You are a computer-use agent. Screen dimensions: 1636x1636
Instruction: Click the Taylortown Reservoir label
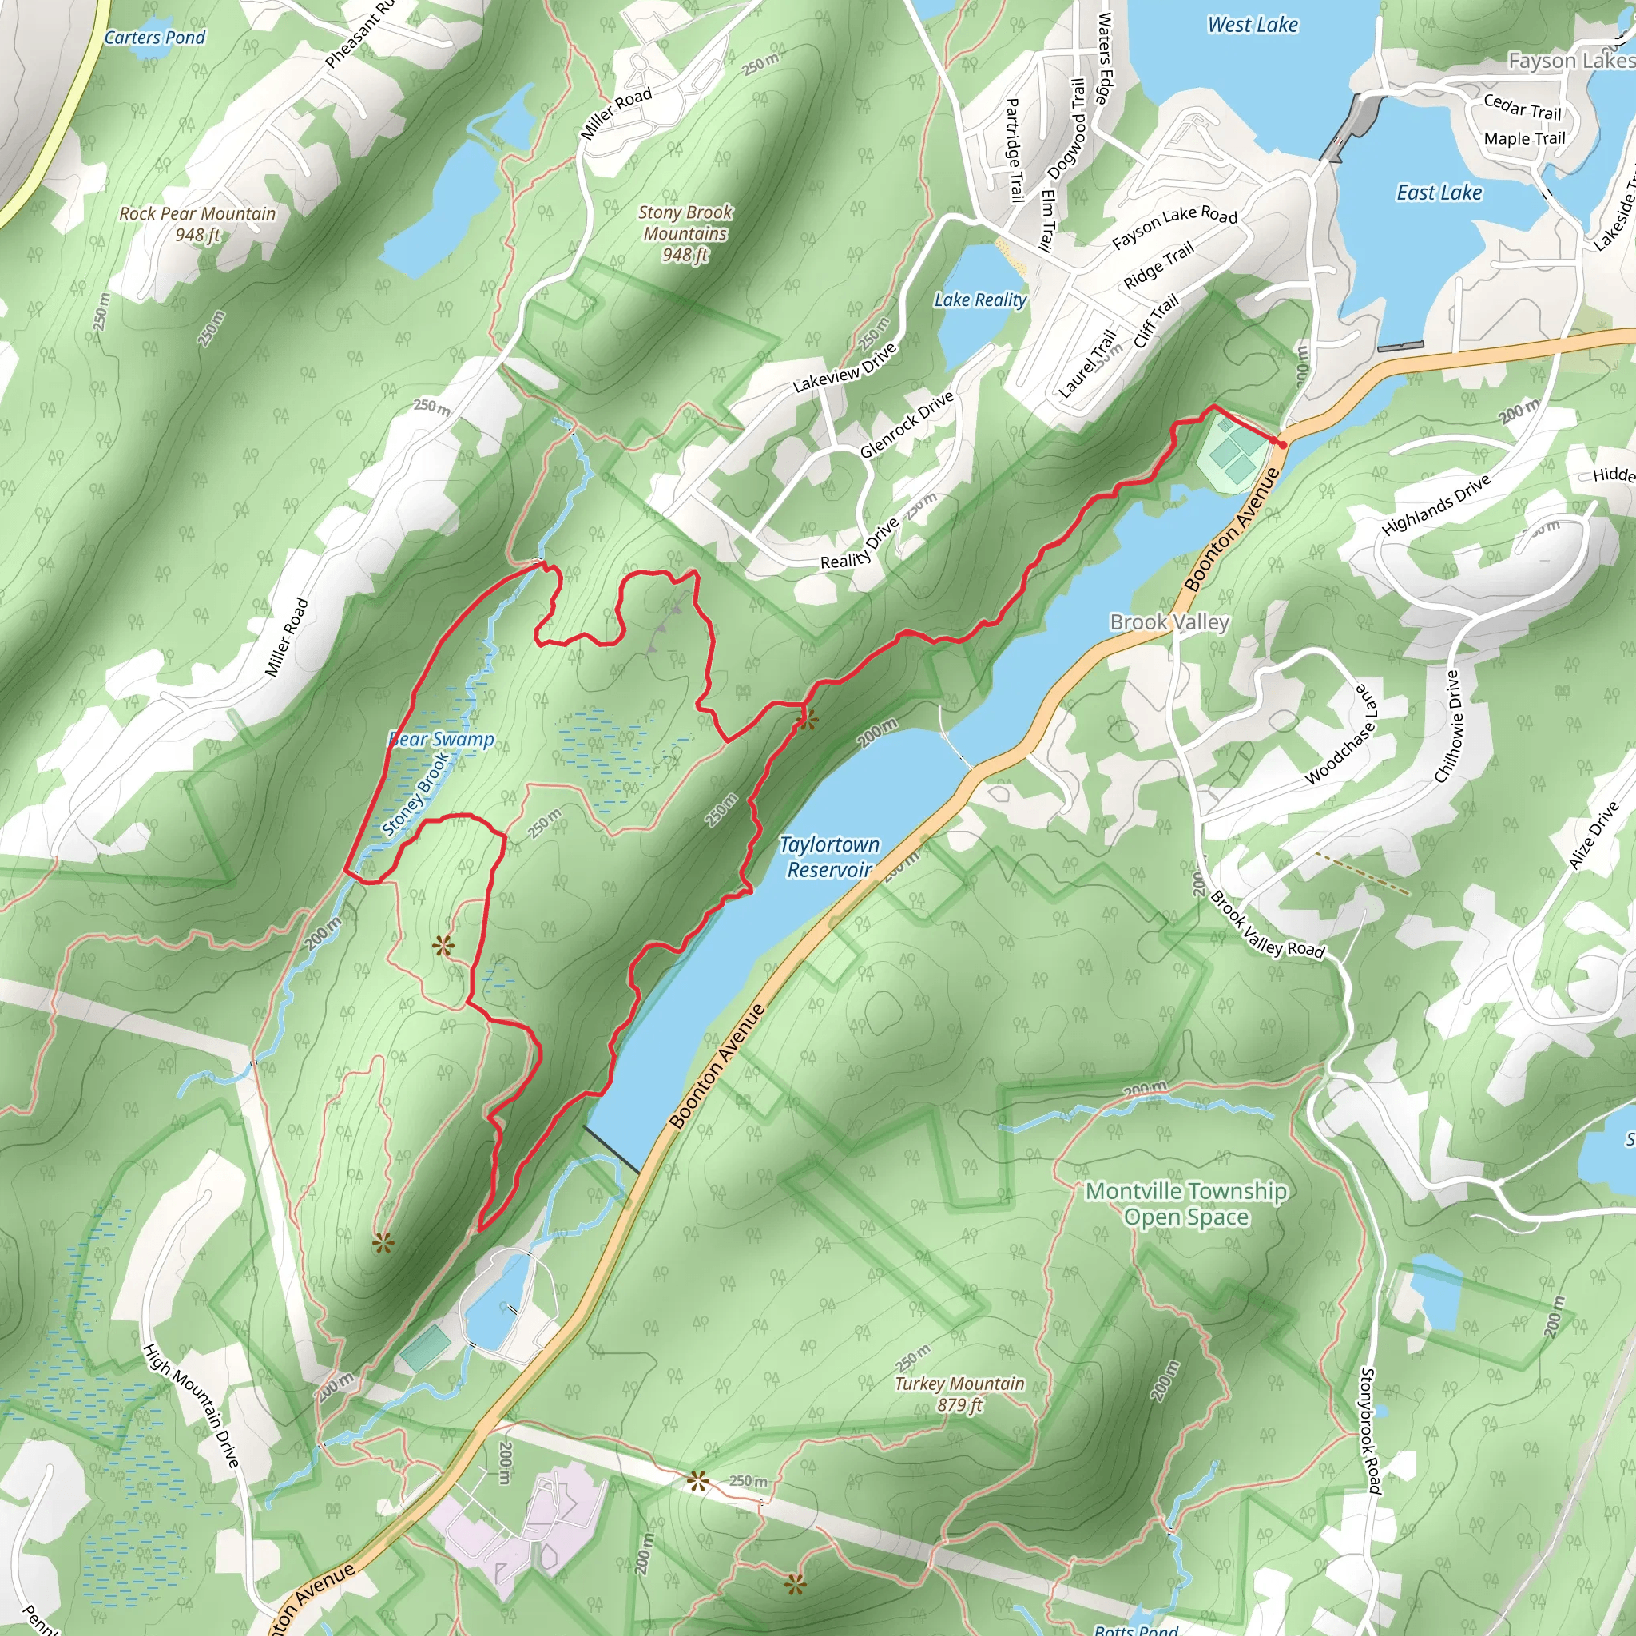click(829, 857)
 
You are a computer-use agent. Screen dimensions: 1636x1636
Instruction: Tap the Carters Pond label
click(154, 38)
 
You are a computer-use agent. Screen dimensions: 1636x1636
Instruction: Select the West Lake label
click(1253, 26)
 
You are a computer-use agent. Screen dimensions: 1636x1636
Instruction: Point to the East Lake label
click(1439, 193)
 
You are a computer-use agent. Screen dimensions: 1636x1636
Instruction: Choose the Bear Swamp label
click(441, 739)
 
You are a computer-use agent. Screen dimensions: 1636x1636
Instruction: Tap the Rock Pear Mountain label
click(197, 224)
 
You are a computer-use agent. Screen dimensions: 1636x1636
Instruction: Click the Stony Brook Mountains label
click(685, 233)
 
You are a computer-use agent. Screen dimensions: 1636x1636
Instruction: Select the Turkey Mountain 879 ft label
click(959, 1394)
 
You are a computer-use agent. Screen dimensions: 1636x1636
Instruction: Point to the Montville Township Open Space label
click(1185, 1203)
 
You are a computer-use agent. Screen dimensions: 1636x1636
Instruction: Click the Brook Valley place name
click(1169, 622)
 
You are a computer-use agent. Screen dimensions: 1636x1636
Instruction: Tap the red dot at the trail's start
click(1282, 443)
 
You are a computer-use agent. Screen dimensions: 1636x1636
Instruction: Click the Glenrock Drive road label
click(907, 425)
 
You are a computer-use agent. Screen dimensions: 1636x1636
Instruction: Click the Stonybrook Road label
click(1369, 1430)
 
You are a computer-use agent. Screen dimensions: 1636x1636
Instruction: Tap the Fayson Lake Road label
click(1174, 227)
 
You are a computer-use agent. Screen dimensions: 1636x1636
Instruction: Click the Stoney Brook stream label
click(415, 794)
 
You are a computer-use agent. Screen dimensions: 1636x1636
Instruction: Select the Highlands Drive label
click(1435, 506)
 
